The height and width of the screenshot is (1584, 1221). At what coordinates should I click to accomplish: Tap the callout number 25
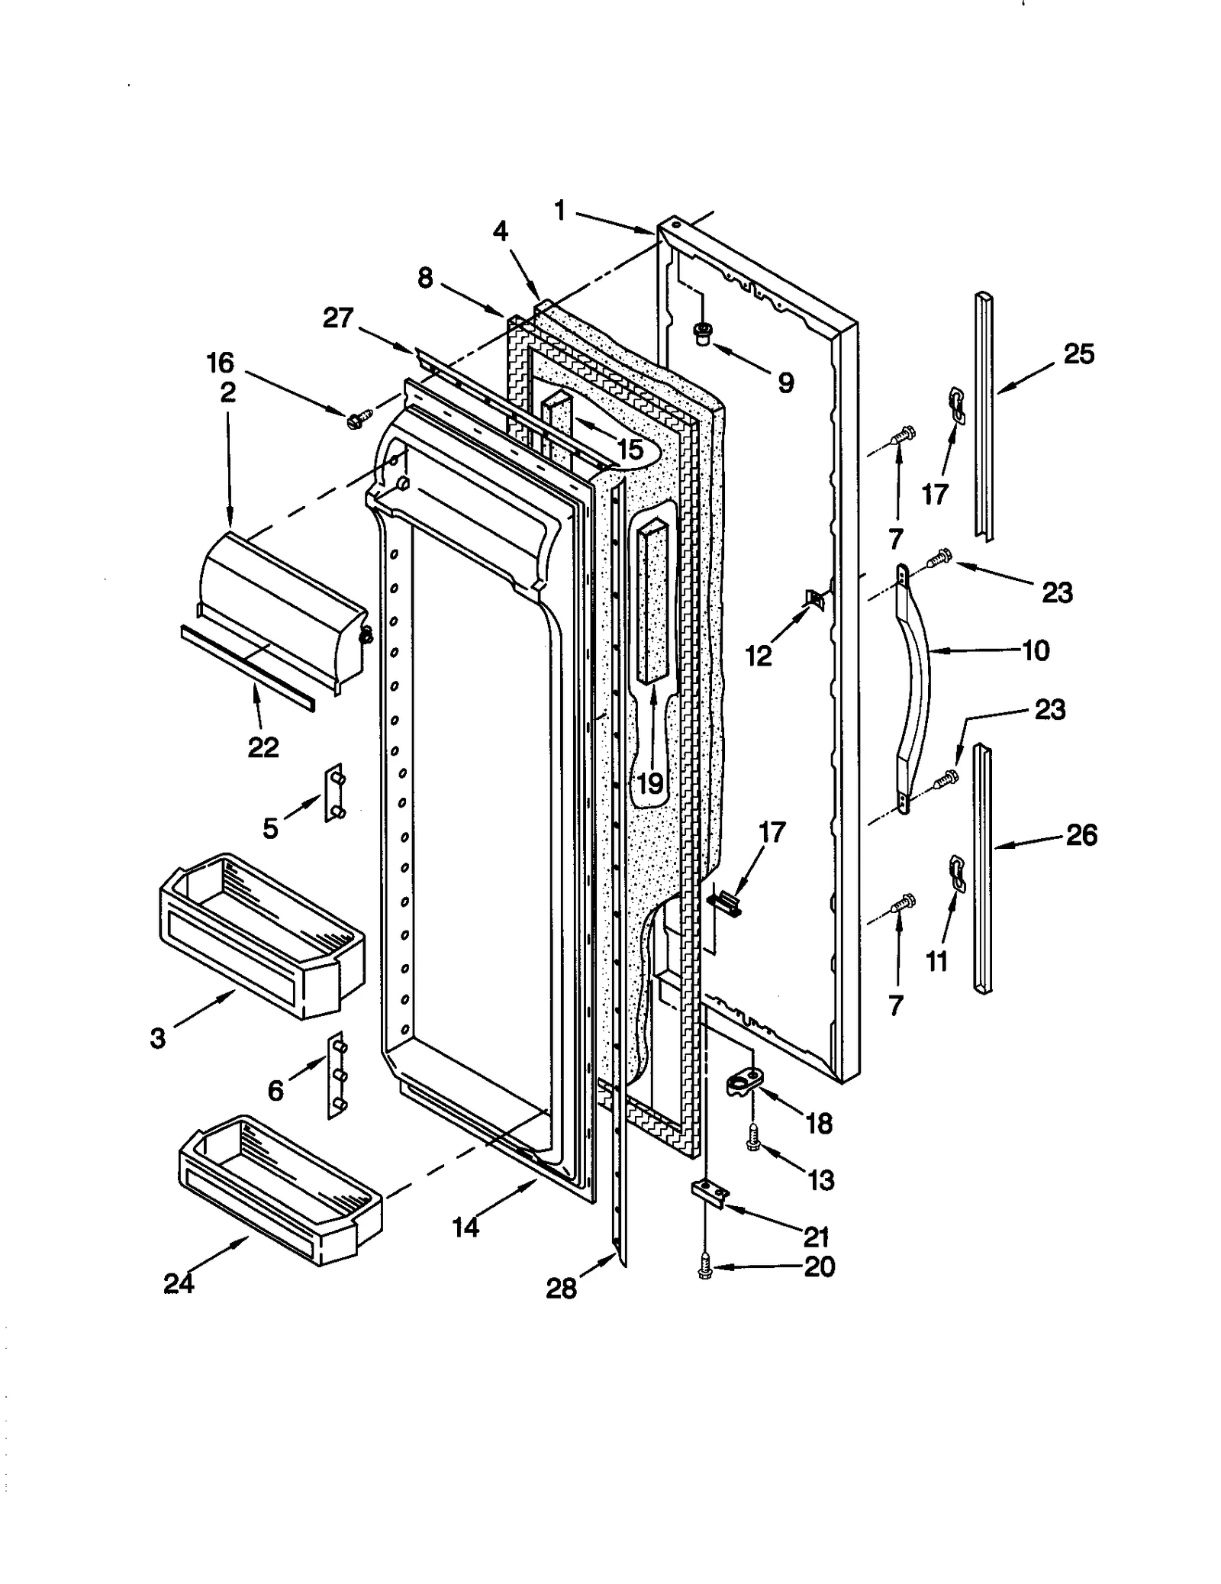pyautogui.click(x=1078, y=354)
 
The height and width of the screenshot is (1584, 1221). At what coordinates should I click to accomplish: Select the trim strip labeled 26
pyautogui.click(x=984, y=870)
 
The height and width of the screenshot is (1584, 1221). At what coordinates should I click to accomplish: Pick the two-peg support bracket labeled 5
pyautogui.click(x=335, y=792)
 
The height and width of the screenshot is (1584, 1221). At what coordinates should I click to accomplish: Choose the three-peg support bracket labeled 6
pyautogui.click(x=336, y=1076)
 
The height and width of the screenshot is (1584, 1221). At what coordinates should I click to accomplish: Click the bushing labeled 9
pyautogui.click(x=701, y=333)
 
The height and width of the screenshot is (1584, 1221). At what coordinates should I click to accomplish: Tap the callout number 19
pyautogui.click(x=649, y=783)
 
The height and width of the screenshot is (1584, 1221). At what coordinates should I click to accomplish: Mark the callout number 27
pyautogui.click(x=338, y=318)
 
